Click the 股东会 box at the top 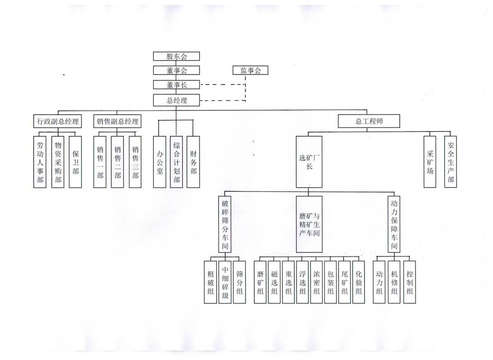[176, 56]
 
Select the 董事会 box [176, 70]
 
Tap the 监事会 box [250, 70]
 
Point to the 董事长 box [176, 85]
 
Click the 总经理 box [176, 100]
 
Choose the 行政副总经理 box [58, 121]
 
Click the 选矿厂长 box [309, 161]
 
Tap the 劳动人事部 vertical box [40, 161]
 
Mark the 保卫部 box [75, 161]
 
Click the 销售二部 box [117, 161]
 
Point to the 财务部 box [193, 161]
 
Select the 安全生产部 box [450, 161]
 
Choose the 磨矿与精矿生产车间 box [309, 224]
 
